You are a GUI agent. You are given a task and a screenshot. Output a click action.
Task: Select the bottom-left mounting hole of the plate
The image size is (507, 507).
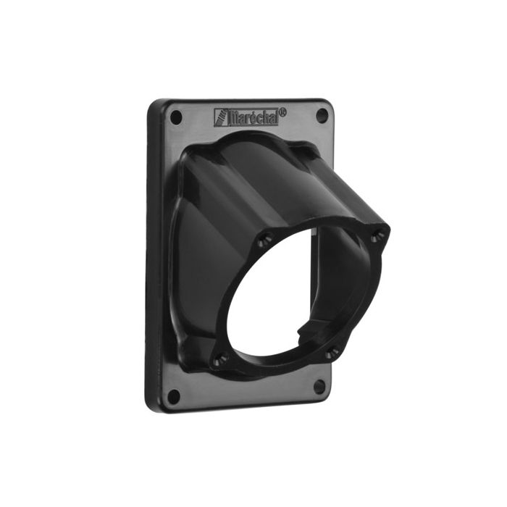(173, 395)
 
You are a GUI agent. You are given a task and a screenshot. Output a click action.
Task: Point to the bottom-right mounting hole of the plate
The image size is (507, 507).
(319, 386)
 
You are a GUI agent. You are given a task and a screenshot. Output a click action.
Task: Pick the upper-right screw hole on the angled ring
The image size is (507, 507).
(375, 235)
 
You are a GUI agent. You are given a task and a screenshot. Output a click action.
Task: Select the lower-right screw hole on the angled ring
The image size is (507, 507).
(332, 353)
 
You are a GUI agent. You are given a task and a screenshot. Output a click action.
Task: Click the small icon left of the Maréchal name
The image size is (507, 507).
(220, 117)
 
